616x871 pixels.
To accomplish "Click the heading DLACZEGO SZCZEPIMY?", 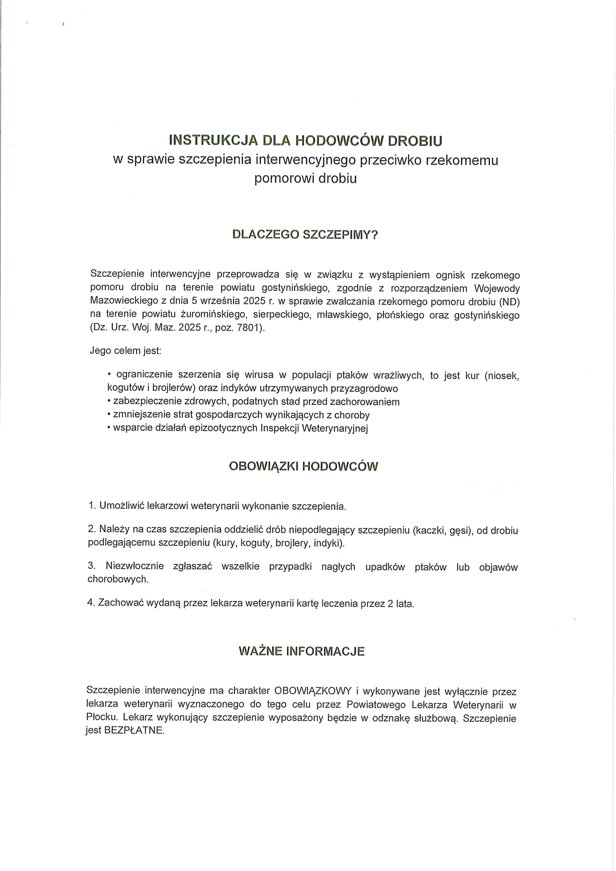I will coord(305,235).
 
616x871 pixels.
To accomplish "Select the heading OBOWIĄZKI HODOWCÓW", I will coord(303,467).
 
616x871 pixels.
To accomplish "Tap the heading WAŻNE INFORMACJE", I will coord(302,651).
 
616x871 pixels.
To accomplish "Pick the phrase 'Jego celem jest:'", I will coord(125,350).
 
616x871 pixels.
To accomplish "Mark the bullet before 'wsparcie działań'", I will coord(109,428).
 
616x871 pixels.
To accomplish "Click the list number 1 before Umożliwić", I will coord(91,506).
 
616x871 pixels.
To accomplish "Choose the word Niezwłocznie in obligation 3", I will coord(134,567).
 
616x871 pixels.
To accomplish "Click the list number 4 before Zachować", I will coord(91,603).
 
